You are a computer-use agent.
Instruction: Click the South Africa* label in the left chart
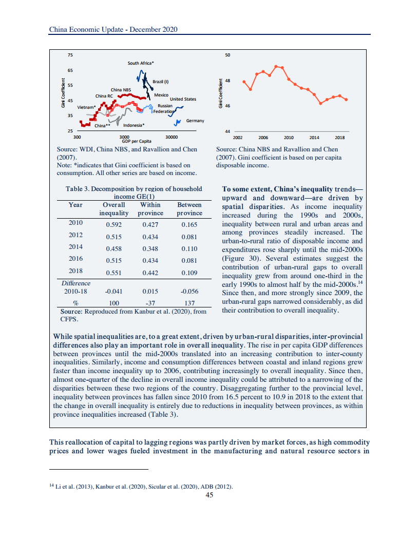coord(141,63)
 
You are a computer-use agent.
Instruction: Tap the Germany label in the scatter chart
coord(195,121)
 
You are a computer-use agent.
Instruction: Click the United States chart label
coord(183,99)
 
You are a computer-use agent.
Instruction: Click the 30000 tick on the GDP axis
coord(172,137)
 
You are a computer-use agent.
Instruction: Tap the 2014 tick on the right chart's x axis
coord(314,138)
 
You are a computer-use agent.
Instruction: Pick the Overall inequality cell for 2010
coord(113,224)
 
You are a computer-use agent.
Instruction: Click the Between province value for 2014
coord(189,248)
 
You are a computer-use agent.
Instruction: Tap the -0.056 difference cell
coord(189,291)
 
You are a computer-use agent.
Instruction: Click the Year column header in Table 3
coord(75,205)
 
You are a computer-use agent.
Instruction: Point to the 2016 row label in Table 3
coord(75,259)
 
